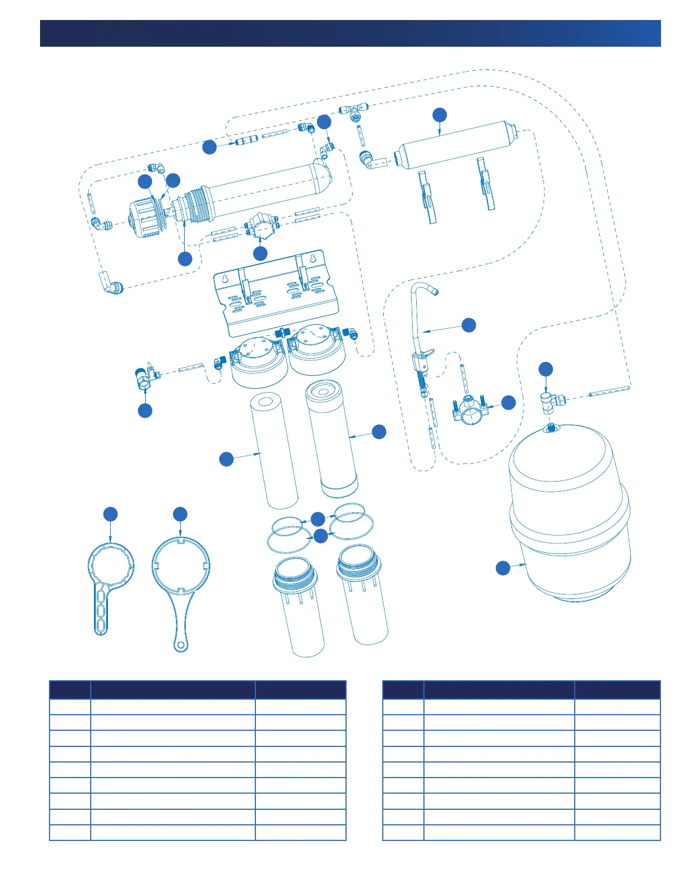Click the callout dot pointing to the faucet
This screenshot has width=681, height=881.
[x=469, y=325]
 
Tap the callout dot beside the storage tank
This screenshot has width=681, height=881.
[x=503, y=568]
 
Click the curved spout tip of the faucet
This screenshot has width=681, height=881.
[x=434, y=290]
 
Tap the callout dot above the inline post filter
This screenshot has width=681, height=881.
[x=440, y=115]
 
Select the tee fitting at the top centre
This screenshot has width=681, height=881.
[x=354, y=110]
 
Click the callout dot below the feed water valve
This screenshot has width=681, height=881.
[x=145, y=410]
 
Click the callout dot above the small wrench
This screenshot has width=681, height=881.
[x=111, y=514]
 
